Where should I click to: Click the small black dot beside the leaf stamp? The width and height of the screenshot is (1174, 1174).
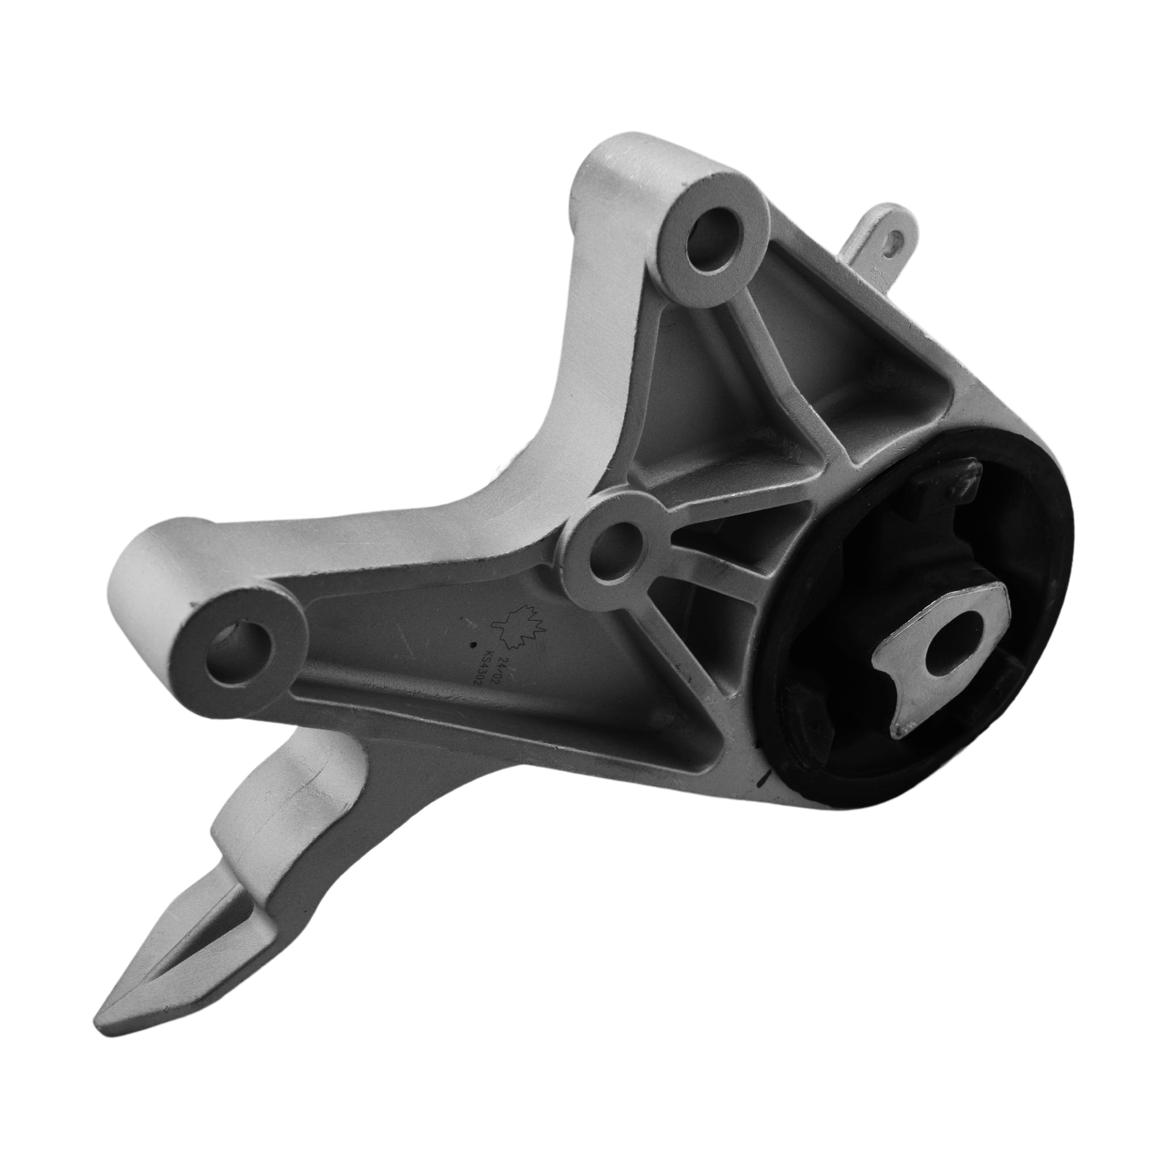473,646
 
